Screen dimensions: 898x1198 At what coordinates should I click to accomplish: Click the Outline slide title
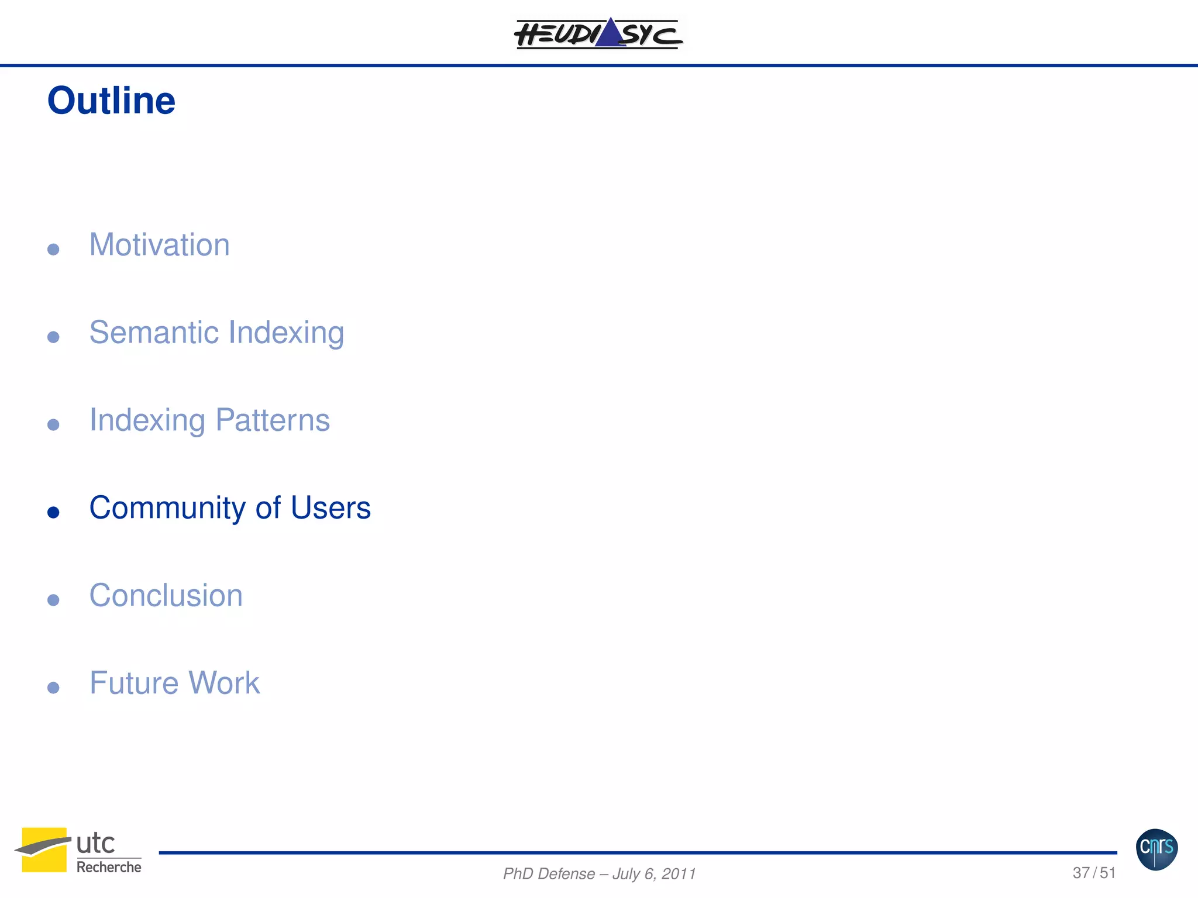(111, 101)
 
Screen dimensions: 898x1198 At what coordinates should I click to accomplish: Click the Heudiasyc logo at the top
(598, 33)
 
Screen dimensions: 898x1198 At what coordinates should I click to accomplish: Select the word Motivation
(159, 244)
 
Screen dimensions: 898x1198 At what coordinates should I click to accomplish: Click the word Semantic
(154, 332)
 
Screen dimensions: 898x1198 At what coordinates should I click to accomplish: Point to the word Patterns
(272, 420)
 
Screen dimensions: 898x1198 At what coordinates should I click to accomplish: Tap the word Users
(331, 507)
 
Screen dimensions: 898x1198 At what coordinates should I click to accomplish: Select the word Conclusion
(166, 595)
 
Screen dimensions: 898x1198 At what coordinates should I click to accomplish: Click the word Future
(133, 683)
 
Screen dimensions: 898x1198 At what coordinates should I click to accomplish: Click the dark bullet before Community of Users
(53, 513)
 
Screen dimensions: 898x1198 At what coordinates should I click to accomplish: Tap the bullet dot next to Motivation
(53, 250)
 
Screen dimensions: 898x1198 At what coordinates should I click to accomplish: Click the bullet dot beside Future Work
(53, 688)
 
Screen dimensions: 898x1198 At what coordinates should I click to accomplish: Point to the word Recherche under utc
(109, 867)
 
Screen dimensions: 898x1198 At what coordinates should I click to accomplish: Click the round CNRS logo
(1156, 849)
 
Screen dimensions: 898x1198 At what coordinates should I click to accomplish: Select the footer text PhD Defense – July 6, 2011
(599, 873)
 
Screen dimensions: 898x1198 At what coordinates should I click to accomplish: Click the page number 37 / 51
(1094, 873)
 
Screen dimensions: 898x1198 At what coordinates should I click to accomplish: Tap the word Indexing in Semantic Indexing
(286, 332)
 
